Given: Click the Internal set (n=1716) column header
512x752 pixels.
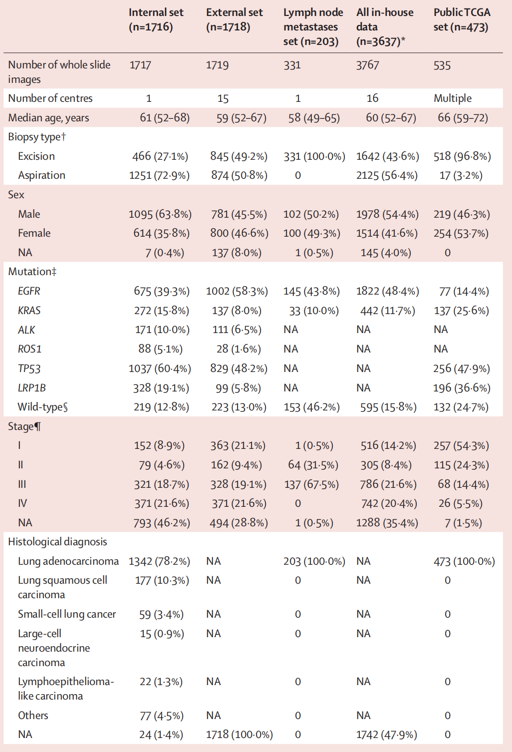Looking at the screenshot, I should [156, 19].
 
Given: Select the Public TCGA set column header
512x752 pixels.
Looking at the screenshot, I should [462, 19].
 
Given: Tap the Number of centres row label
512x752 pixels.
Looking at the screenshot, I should [50, 98].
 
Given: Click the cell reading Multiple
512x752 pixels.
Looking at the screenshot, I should [452, 98].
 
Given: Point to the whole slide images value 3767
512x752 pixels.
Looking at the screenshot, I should [367, 65].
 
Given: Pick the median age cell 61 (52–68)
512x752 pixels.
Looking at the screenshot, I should [165, 118].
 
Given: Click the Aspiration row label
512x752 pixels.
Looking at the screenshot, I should [41, 175].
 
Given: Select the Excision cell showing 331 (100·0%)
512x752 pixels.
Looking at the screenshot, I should [314, 156].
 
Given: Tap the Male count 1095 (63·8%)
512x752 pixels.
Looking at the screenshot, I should [160, 214].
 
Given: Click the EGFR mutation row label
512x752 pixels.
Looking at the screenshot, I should [29, 291].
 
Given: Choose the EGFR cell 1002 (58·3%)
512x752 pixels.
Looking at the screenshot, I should [237, 291].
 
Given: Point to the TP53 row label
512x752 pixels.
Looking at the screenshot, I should [29, 369].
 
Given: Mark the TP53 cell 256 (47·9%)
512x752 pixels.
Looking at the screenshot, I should [461, 369].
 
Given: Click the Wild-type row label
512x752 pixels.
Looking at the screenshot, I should [42, 407].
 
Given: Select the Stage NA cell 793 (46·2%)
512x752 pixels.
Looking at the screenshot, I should [162, 523].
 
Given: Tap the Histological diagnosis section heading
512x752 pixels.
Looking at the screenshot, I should [57, 542].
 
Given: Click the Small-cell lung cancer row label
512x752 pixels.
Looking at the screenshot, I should [67, 614].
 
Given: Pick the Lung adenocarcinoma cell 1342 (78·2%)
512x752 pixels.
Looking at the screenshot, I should [159, 561].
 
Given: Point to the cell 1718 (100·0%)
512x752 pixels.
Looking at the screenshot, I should [239, 735].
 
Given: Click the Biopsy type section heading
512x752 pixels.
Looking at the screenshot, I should [37, 137].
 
